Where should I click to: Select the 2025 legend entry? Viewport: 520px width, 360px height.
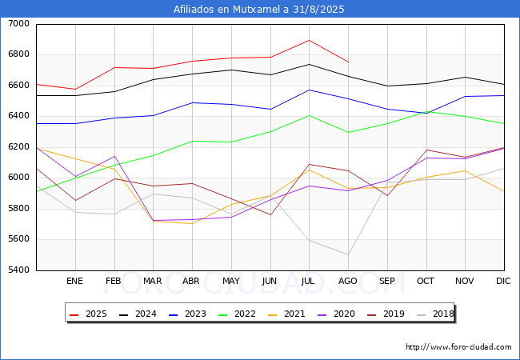click(88, 314)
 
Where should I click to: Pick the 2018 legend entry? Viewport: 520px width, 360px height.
click(435, 314)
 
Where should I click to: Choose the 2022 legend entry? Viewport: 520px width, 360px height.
click(237, 314)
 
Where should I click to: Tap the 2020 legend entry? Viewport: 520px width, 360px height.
click(336, 314)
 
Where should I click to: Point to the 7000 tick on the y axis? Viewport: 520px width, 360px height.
click(19, 24)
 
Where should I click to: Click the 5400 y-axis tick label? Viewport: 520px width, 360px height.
click(19, 270)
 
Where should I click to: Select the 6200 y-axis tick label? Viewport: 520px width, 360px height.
click(19, 147)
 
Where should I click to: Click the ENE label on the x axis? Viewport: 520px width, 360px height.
click(74, 281)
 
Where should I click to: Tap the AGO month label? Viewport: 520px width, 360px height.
click(347, 281)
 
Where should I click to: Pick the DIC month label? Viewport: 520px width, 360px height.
click(503, 281)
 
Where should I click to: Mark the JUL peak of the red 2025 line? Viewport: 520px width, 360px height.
click(309, 41)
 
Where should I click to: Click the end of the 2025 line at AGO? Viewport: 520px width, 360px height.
click(348, 62)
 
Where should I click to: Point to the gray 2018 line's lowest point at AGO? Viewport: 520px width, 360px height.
click(348, 254)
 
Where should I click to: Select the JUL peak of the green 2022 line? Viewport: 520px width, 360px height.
click(309, 115)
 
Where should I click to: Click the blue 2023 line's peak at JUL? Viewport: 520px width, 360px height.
click(309, 90)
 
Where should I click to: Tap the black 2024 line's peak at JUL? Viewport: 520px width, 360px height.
click(309, 64)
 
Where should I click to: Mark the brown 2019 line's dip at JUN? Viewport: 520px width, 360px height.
click(270, 215)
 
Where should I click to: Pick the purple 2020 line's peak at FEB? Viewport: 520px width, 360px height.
click(114, 156)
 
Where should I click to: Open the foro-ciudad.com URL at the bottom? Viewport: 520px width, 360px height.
click(458, 347)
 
